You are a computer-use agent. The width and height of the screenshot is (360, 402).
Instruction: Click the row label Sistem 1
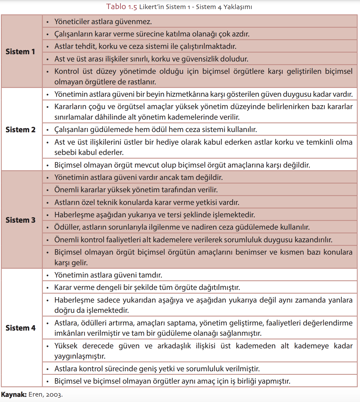pos(20,52)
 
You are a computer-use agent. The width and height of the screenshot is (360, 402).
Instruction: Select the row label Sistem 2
pos(20,130)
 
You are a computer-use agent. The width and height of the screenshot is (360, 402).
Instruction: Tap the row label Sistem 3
pos(20,220)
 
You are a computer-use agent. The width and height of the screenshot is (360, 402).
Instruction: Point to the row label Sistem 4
pos(20,328)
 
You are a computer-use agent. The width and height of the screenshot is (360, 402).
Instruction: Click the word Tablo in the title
pos(116,7)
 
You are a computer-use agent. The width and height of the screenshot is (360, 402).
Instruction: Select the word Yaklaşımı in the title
pos(237,7)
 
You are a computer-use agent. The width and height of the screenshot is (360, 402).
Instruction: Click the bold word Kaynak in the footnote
pos(14,394)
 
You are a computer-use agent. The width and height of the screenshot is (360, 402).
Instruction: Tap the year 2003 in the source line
pos(54,395)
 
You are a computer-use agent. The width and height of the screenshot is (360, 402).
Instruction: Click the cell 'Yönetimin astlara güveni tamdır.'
pos(108,275)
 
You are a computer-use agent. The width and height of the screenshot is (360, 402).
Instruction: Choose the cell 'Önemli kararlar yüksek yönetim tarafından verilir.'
pos(136,190)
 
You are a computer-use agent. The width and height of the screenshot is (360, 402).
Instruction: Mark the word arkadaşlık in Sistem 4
pos(174,346)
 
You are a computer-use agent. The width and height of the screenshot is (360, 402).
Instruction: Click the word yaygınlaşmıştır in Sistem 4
pos(80,356)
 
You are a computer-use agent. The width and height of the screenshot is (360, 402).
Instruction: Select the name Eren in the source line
pos(36,394)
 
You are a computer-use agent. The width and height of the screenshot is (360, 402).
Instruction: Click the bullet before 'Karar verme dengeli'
pos(48,288)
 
